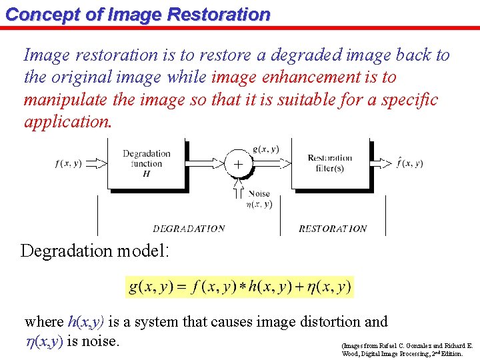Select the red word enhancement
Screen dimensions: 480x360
[303, 77]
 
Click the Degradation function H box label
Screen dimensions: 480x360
[147, 163]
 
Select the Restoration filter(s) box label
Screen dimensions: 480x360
[330, 163]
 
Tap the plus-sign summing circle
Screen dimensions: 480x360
[238, 163]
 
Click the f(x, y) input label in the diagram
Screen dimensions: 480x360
[69, 163]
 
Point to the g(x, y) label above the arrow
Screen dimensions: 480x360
[266, 149]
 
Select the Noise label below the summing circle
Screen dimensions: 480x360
[260, 194]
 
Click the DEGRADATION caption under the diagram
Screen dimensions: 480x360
[189, 229]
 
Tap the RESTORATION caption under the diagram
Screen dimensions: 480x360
[333, 229]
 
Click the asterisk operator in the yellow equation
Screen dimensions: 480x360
[243, 287]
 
